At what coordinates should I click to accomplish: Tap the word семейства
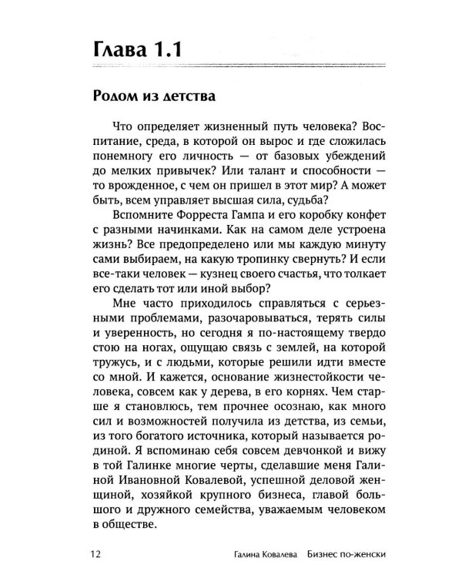click(218, 514)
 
